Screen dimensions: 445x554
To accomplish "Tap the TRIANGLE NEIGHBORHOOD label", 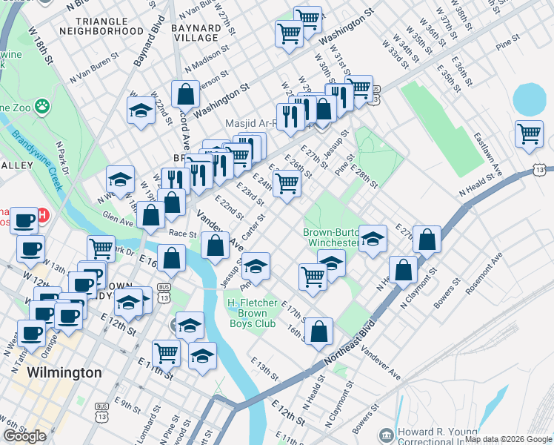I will click(101, 26).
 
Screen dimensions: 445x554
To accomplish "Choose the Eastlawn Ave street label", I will click(490, 152).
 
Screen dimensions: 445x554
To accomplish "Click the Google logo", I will click(24, 436).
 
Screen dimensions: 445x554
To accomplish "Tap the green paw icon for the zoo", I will click(41, 106).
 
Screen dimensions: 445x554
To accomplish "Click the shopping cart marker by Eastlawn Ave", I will click(530, 134).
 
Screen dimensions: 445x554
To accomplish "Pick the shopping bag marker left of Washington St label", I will click(185, 93).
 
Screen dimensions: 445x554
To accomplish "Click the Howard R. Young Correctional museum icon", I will click(385, 434).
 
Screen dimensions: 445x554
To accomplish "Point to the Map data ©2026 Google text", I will click(507, 439).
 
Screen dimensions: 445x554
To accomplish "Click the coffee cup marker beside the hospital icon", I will click(24, 220).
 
